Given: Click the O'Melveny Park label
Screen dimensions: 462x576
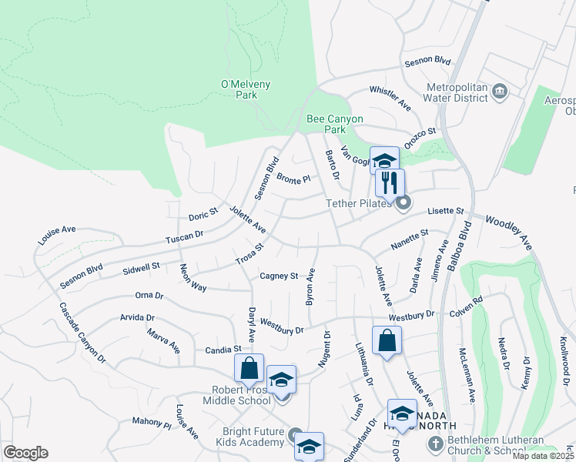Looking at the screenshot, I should click(x=238, y=89).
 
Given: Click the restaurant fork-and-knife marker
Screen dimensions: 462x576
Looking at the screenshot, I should click(x=390, y=183).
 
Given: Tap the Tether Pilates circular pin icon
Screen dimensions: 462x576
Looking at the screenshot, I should click(x=404, y=203).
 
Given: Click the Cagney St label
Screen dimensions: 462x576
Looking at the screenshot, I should click(x=278, y=276).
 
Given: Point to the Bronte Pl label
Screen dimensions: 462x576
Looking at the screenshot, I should click(x=293, y=179).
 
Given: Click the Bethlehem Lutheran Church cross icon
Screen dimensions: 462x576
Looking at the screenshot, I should click(x=435, y=444).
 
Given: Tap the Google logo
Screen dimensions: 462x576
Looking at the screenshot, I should click(x=25, y=453).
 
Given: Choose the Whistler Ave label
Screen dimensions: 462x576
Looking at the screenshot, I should click(x=390, y=94).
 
